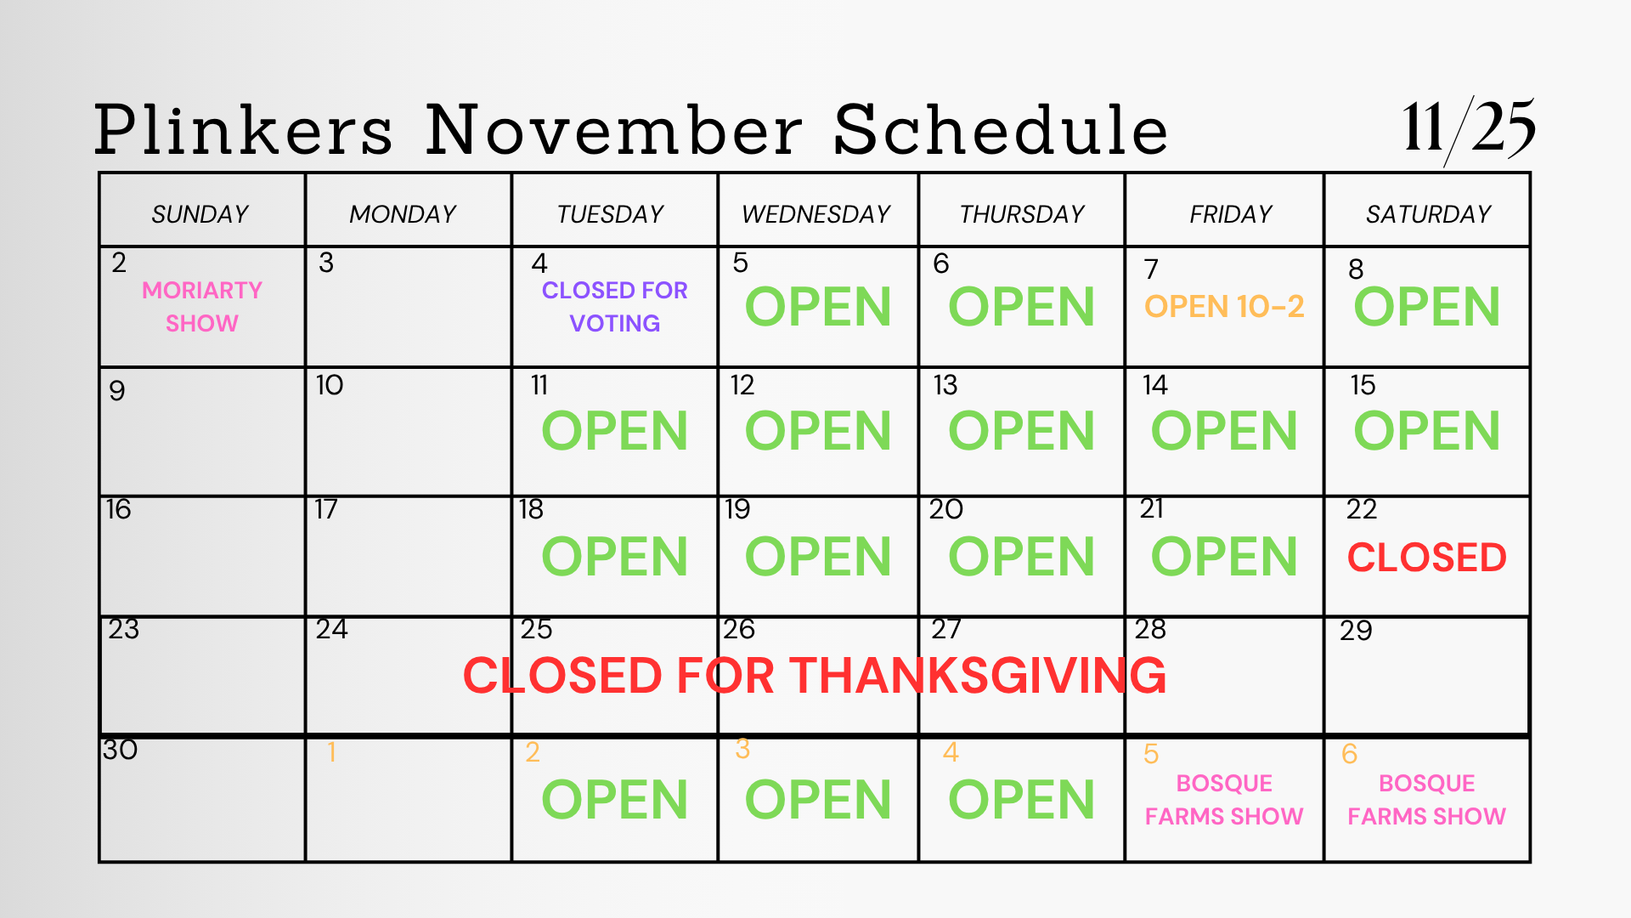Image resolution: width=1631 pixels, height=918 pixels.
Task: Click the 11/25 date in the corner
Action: pos(1469,129)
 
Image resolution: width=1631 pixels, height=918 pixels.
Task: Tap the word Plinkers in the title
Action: pos(244,129)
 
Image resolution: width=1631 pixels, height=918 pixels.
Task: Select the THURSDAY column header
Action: pos(1022,213)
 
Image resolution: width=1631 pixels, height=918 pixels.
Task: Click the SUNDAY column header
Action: pos(200,213)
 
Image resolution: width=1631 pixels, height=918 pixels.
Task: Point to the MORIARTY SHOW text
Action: pos(202,307)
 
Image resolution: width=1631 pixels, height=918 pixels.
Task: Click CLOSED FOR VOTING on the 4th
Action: pos(615,307)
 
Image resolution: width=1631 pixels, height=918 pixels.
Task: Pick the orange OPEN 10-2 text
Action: pos(1224,306)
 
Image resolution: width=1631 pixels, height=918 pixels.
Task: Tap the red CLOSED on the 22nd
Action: pos(1427,558)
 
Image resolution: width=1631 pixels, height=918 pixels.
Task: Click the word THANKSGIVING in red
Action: pos(979,676)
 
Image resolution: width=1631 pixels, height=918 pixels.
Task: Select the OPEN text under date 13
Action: pos(1022,431)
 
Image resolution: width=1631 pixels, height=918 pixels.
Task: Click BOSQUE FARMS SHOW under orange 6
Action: pos(1427,800)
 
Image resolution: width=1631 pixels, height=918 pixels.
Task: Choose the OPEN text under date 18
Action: pos(615,557)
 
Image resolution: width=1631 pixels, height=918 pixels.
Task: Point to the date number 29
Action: pos(1356,631)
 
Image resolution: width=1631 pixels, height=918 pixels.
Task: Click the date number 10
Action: pos(330,385)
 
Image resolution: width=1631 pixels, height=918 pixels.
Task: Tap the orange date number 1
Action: pos(331,752)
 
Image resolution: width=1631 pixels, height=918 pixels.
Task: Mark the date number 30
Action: pos(120,750)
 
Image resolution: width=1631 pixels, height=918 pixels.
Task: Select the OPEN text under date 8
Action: pos(1427,307)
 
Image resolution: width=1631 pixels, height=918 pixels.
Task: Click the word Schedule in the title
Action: pos(1001,129)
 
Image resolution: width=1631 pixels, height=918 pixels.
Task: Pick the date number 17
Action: pos(326,509)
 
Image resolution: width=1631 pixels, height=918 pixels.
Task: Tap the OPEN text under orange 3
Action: pos(818,800)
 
